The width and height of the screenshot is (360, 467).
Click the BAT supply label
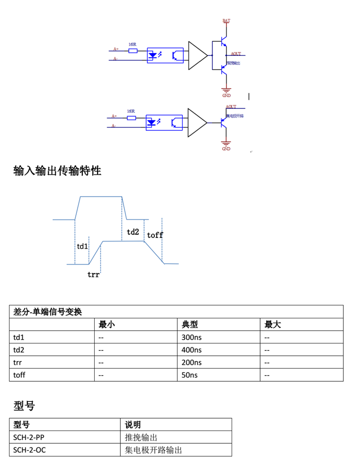point(226,21)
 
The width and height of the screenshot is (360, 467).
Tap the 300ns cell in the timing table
point(191,338)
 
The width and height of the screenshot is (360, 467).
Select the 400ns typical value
point(191,350)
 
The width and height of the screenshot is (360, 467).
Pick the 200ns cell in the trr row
point(191,362)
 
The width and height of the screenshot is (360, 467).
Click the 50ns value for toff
point(189,375)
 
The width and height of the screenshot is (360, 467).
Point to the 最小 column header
point(107,325)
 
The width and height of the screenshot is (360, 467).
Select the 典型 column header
point(190,325)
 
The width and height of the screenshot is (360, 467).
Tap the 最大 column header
point(273,325)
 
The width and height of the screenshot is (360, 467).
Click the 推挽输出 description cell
point(141,437)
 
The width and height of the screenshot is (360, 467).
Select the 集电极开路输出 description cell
point(153,449)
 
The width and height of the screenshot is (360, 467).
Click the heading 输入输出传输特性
point(57,171)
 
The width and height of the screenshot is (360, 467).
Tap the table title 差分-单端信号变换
point(48,312)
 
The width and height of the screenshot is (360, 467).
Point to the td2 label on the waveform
point(133,232)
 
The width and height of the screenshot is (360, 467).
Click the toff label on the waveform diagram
point(155,235)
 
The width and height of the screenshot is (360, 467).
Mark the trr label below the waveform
point(93,274)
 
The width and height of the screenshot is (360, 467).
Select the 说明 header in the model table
point(133,424)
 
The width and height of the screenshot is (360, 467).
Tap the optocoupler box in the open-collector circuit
point(164,122)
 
